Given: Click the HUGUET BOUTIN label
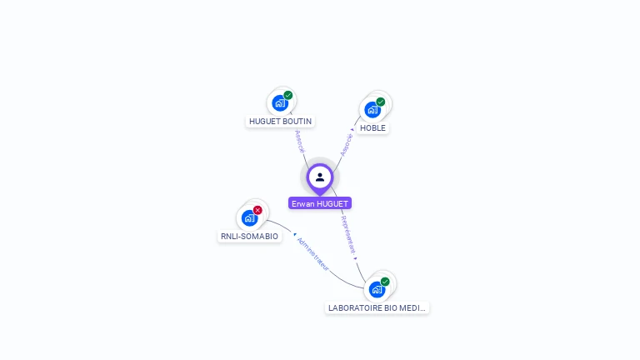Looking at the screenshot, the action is pyautogui.click(x=280, y=121).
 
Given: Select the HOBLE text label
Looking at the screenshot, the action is pyautogui.click(x=372, y=128).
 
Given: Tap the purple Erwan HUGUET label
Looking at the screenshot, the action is pyautogui.click(x=320, y=203).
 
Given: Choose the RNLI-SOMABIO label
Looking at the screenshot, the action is pyautogui.click(x=249, y=236).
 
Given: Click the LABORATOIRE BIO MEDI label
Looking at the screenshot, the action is pyautogui.click(x=377, y=307).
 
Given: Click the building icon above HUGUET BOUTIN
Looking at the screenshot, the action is pyautogui.click(x=280, y=103).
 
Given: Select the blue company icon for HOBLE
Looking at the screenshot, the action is pyautogui.click(x=372, y=109).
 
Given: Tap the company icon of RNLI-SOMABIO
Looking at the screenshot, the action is pyautogui.click(x=249, y=218).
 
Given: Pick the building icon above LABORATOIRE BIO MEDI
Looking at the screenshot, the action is pyautogui.click(x=377, y=289).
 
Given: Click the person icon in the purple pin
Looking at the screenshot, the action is pyautogui.click(x=320, y=177).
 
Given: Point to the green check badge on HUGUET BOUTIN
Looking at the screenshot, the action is pyautogui.click(x=288, y=95).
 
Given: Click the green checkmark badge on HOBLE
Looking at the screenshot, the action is pyautogui.click(x=381, y=102).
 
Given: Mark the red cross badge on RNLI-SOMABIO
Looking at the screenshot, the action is pyautogui.click(x=257, y=210).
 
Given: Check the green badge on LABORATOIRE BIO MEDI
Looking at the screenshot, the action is pyautogui.click(x=385, y=282).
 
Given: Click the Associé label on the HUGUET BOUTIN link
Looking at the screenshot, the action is pyautogui.click(x=300, y=141).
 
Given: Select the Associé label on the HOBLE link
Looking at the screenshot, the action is pyautogui.click(x=347, y=144).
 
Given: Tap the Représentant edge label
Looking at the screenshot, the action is pyautogui.click(x=348, y=233).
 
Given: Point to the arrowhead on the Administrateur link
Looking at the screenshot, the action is pyautogui.click(x=295, y=235).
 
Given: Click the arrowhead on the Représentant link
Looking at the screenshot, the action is pyautogui.click(x=356, y=258).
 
